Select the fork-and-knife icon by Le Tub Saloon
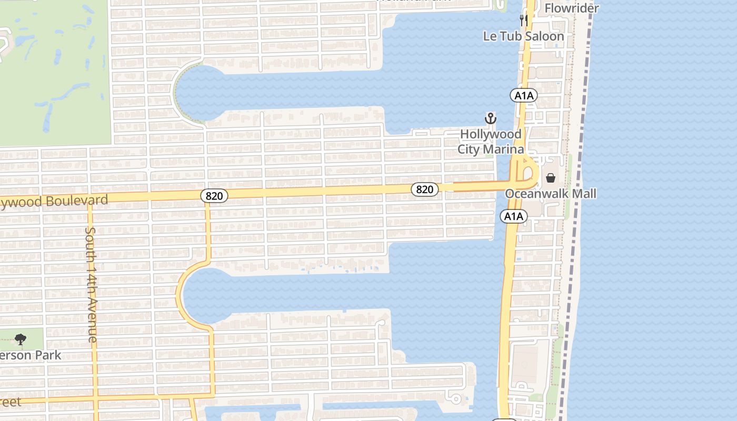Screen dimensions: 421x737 pyautogui.click(x=523, y=21)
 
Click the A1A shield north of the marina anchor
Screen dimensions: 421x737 pyautogui.click(x=523, y=95)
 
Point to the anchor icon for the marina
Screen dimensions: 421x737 pyautogui.click(x=490, y=118)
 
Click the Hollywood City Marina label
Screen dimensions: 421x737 pyautogui.click(x=491, y=142)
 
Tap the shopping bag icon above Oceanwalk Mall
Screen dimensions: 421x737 pyautogui.click(x=551, y=178)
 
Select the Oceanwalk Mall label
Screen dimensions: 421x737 pyautogui.click(x=551, y=194)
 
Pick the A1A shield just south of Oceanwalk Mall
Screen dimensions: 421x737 pyautogui.click(x=514, y=216)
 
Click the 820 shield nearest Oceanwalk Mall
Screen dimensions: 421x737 pyautogui.click(x=424, y=189)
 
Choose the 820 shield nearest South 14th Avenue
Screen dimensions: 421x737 pyautogui.click(x=214, y=196)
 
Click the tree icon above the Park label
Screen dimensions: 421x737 pyautogui.click(x=21, y=339)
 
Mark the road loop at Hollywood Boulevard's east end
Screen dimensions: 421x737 pyautogui.click(x=525, y=174)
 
